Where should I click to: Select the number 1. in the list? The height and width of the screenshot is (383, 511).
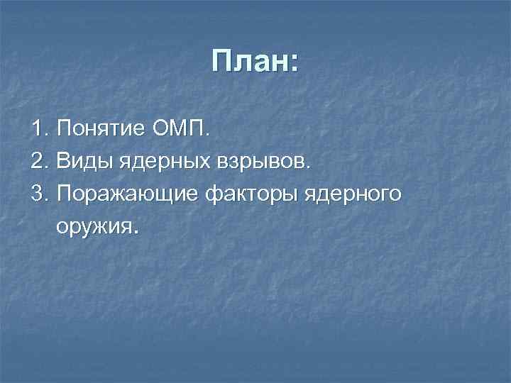point(40,130)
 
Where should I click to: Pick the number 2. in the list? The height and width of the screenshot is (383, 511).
point(40,162)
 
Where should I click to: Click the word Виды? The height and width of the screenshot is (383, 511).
point(80,162)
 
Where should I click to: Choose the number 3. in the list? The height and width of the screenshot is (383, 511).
point(40,195)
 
